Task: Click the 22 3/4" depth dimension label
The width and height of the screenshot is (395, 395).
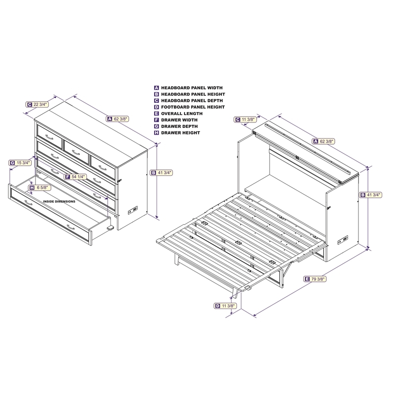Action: coord(37,104)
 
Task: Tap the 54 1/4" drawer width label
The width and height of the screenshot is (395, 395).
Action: coord(76,177)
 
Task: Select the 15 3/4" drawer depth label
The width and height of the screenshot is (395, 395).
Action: coord(20,163)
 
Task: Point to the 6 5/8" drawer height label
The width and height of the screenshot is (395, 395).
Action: coord(40,188)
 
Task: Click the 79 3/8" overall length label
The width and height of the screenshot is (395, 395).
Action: coord(315,279)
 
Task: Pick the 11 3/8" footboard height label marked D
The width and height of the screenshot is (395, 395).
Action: coord(226,306)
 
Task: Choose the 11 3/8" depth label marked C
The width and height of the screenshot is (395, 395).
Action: coord(245,119)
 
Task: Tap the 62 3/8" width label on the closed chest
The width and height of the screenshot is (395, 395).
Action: coord(118,118)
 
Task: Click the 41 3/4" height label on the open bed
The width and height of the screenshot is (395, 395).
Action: coord(371,195)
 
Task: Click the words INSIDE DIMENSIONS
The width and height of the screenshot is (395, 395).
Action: coord(59,201)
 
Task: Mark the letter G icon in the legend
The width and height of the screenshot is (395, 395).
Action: coord(157,126)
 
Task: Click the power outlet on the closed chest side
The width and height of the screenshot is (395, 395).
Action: coord(133,210)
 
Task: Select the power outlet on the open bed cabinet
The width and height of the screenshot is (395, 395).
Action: coord(343,240)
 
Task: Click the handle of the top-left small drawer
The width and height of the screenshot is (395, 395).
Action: coord(49,137)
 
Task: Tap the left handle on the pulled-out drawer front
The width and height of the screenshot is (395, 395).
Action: coord(28,202)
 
